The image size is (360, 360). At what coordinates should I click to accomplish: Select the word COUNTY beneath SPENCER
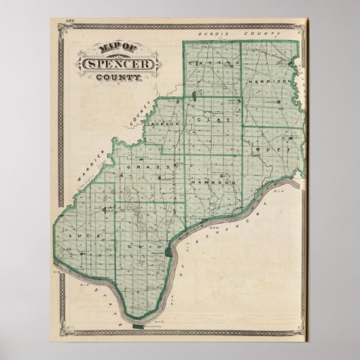(120, 78)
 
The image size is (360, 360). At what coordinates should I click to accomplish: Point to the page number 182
(69, 23)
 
